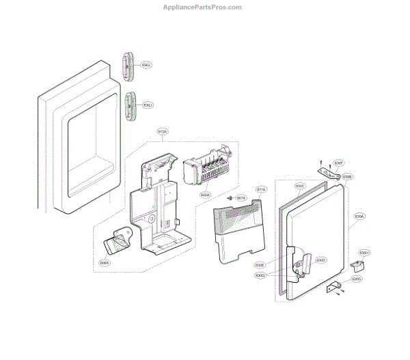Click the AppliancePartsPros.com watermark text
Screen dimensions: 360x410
point(201,8)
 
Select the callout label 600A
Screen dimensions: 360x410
point(204,195)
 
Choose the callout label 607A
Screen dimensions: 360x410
point(241,198)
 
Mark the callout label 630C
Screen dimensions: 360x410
point(299,186)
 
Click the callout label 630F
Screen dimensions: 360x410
point(338,163)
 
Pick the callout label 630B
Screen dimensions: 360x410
point(347,177)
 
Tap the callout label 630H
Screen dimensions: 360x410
point(364,253)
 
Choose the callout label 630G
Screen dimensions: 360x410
point(356,279)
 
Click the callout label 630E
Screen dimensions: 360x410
point(260,265)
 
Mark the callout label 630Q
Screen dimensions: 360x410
point(260,275)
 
